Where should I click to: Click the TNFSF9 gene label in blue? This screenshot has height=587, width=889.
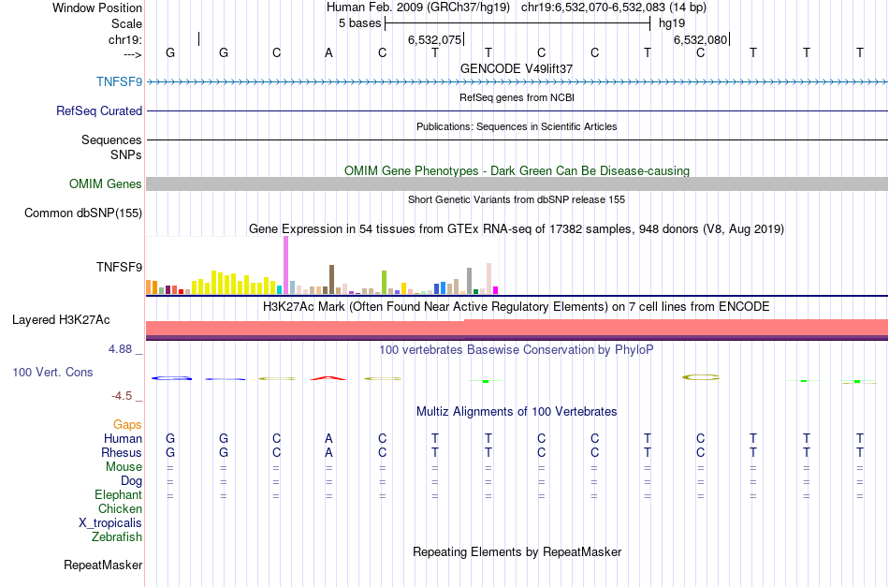(119, 81)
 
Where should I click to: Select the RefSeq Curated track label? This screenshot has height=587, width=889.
(99, 110)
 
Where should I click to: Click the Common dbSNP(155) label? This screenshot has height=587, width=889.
(83, 213)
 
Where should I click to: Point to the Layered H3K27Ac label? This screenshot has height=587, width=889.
(61, 320)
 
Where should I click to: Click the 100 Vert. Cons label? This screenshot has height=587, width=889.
(52, 372)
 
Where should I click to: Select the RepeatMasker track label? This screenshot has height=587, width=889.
(103, 565)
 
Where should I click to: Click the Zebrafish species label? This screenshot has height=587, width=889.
(117, 537)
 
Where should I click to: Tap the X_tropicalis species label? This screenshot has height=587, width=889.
(110, 523)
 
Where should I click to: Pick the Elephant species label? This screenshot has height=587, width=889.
(118, 495)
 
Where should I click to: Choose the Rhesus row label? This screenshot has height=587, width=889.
(123, 452)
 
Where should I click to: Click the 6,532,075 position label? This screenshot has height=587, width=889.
(434, 40)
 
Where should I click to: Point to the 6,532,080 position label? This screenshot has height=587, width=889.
(700, 40)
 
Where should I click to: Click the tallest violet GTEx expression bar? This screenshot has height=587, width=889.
(285, 265)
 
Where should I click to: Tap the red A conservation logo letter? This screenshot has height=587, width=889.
(328, 377)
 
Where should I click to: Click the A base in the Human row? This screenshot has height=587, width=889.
(328, 438)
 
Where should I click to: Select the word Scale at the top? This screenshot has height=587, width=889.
(126, 23)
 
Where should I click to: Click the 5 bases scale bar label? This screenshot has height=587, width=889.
(359, 22)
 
